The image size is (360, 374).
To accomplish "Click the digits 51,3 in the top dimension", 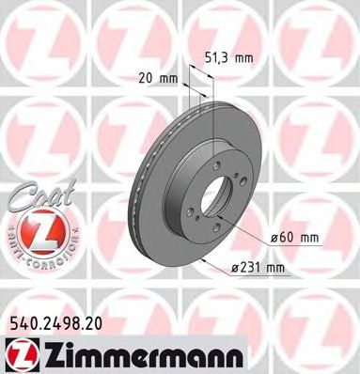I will click(221, 57).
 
